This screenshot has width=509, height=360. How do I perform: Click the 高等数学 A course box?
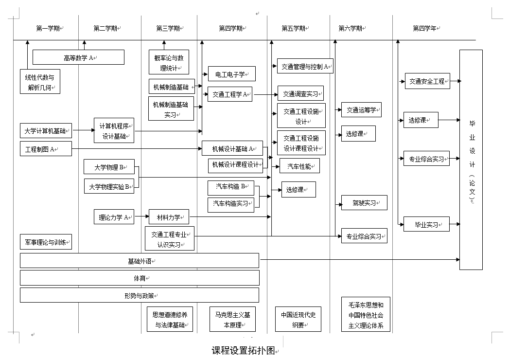tap(78, 57)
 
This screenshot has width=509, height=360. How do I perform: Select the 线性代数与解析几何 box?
tap(40, 82)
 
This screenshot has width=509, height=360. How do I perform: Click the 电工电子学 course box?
tap(231, 74)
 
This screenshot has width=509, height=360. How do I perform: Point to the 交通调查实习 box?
tap(300, 93)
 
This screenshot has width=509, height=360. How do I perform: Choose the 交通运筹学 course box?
tap(361, 110)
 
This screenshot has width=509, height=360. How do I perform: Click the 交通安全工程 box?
tap(427, 81)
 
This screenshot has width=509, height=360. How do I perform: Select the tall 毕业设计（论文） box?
tap(471, 160)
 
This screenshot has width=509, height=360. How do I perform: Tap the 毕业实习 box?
tap(426, 224)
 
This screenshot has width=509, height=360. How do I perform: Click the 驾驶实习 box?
tap(364, 203)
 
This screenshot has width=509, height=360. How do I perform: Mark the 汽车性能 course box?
tap(299, 166)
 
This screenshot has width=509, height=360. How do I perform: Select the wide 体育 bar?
tap(140, 278)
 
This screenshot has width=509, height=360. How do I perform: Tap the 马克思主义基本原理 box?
tap(232, 319)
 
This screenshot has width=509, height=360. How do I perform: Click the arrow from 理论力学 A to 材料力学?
tap(141, 216)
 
